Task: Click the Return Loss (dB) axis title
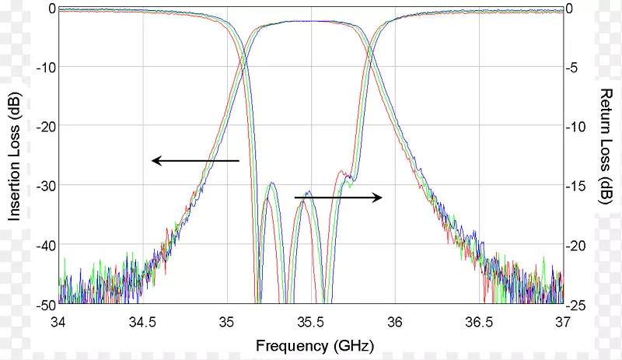(x=606, y=146)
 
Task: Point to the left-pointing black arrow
(x=195, y=161)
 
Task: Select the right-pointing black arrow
(x=338, y=198)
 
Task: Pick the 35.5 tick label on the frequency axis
(x=309, y=321)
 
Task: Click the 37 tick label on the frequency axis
(x=561, y=321)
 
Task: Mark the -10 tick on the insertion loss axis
(x=44, y=67)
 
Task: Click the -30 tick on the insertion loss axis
(x=44, y=185)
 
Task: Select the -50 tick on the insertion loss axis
(x=44, y=304)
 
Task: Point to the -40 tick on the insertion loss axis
(x=44, y=245)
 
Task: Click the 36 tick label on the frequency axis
(x=394, y=321)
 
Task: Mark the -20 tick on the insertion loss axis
(x=44, y=126)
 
